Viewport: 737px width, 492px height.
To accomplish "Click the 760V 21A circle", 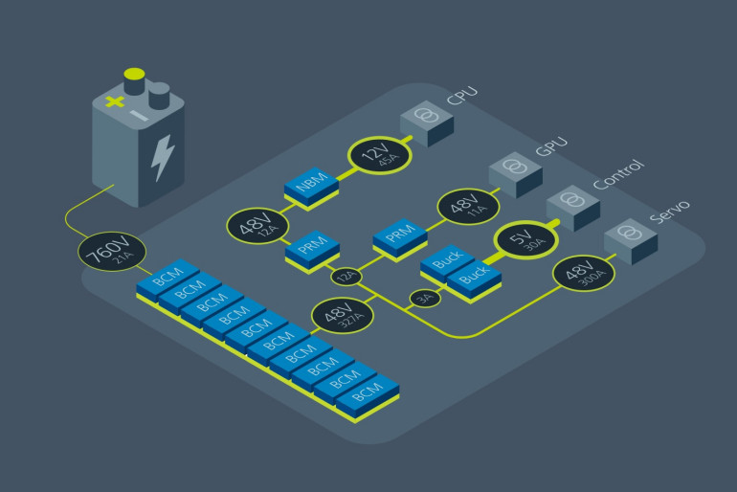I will [113, 253].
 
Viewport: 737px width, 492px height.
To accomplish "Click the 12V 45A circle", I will [379, 153].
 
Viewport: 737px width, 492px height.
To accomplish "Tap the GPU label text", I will [551, 145].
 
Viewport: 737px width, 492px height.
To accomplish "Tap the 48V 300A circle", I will [584, 274].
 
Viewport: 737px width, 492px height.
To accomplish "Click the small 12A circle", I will [346, 277].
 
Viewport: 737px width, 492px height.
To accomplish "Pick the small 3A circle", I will [424, 299].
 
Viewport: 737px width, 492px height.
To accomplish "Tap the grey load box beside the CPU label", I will [426, 122].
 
